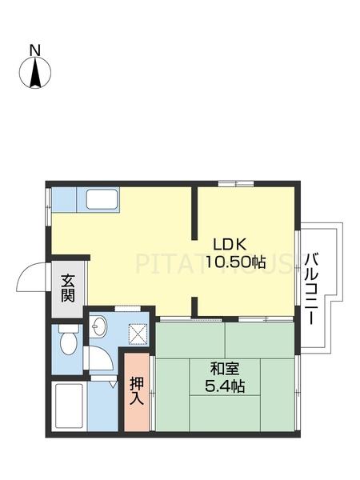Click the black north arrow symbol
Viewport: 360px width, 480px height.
(x=35, y=74)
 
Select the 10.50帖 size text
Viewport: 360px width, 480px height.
(x=235, y=262)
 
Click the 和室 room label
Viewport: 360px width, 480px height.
(x=224, y=369)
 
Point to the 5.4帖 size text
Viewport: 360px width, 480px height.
(x=224, y=386)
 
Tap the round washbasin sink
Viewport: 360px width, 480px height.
(x=99, y=326)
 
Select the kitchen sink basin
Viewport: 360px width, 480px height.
(x=102, y=199)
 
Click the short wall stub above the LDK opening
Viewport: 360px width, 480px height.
(x=194, y=212)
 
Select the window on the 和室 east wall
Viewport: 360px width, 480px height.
(x=298, y=376)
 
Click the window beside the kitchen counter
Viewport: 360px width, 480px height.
(x=49, y=203)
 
